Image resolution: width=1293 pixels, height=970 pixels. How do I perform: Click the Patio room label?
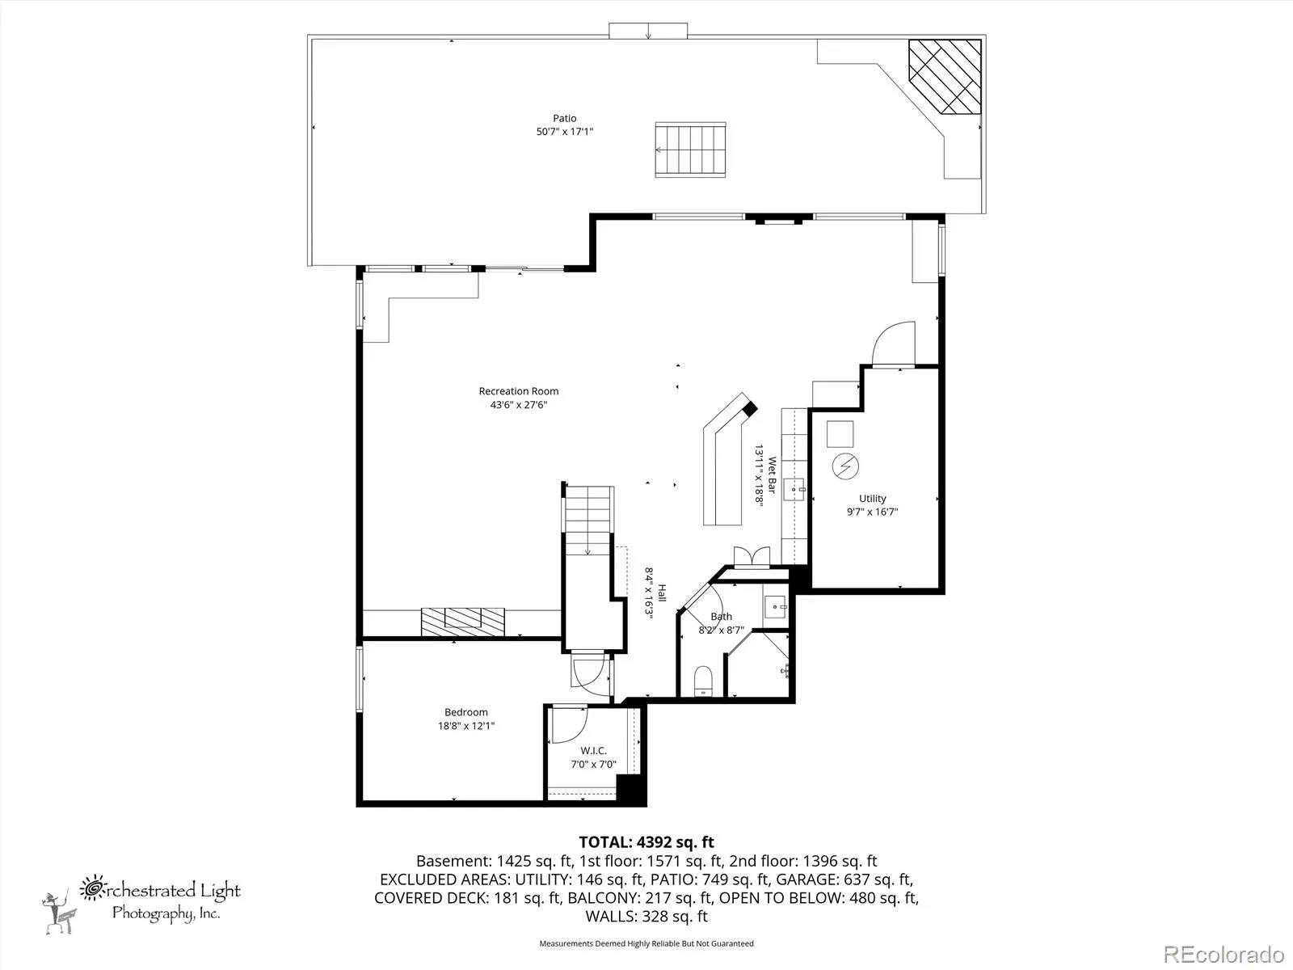(564, 118)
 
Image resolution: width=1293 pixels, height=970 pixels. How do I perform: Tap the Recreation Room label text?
(518, 391)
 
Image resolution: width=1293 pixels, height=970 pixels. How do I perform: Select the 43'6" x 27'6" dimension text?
(518, 405)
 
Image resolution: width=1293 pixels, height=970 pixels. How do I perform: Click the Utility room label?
(873, 499)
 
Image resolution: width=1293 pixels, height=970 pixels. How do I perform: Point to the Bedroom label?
(466, 713)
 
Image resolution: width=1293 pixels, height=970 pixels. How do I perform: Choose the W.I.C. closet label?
(593, 751)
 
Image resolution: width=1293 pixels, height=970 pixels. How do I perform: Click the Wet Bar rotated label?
(772, 475)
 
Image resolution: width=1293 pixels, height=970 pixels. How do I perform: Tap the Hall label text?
(662, 593)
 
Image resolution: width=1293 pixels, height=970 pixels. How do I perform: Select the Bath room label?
(721, 617)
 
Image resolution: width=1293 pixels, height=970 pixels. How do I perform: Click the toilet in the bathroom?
(703, 681)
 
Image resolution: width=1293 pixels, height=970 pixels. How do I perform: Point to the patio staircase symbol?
(690, 150)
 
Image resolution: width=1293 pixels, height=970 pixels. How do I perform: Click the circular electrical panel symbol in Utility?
(845, 466)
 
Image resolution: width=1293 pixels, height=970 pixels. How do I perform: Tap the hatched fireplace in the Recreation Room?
(462, 622)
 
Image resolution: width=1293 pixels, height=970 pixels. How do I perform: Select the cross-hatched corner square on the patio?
(944, 77)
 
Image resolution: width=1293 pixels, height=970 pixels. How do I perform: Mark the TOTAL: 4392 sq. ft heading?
(646, 842)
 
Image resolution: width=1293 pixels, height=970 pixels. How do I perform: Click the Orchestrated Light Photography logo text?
(160, 900)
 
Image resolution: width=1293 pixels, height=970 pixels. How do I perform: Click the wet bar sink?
(794, 489)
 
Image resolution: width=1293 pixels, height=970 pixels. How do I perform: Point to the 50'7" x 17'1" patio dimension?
(564, 132)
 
